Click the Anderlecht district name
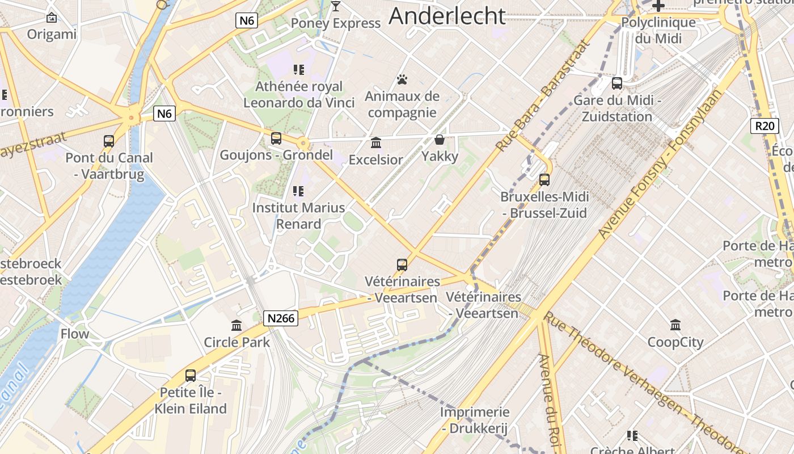coord(447,16)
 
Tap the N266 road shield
coord(281,318)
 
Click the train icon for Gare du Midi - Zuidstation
coord(617,83)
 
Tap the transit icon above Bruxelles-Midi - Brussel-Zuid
coord(544,180)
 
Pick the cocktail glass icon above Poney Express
coord(336,6)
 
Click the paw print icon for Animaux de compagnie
coord(402,79)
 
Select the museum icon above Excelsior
coord(376,142)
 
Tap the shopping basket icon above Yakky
coord(440,140)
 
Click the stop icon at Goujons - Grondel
coord(276,138)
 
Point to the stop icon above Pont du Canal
coord(109,141)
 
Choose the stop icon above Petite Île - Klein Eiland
coord(191,375)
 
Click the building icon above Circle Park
coord(236,325)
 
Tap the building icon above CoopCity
coord(675,325)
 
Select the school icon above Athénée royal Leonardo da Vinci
coord(298,70)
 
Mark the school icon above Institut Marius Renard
coord(298,191)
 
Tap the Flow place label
coord(75,334)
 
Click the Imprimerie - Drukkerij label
coord(475,420)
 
